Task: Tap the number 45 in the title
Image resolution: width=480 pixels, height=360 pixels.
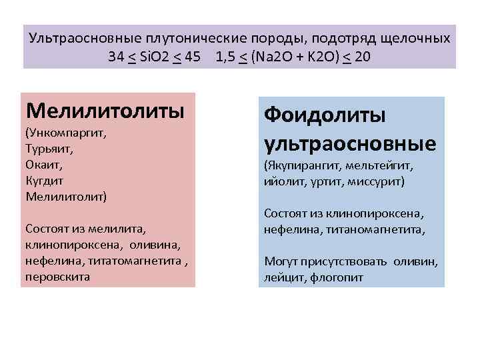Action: [192, 56]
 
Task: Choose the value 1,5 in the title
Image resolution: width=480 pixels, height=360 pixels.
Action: [225, 56]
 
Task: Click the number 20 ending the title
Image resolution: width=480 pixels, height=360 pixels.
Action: [363, 56]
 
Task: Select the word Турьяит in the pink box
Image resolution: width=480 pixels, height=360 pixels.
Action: [47, 148]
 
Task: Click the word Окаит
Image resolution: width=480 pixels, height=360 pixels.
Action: [41, 164]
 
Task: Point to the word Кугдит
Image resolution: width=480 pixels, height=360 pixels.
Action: [43, 180]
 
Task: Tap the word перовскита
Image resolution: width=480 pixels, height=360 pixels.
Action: [57, 276]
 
